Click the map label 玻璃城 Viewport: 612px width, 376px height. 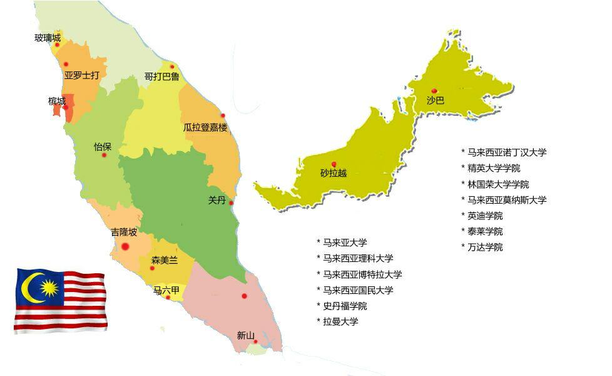click(x=48, y=38)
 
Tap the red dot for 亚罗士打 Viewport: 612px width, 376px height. click(x=66, y=64)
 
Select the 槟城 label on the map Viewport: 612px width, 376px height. click(x=56, y=101)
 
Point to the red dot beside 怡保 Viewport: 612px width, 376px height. click(x=104, y=155)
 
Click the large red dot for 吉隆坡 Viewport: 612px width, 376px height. click(x=125, y=246)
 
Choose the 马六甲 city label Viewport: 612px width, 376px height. click(x=166, y=290)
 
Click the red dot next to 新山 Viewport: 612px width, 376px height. click(x=256, y=342)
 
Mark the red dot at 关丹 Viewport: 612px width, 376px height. click(x=231, y=202)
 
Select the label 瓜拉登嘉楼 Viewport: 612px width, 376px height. click(x=205, y=127)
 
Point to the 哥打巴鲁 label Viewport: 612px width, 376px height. click(x=161, y=76)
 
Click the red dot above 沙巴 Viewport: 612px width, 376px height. click(x=434, y=91)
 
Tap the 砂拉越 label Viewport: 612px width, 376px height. click(x=333, y=173)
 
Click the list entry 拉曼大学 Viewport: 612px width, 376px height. click(x=340, y=321)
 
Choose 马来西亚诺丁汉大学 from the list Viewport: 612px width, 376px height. click(x=507, y=152)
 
